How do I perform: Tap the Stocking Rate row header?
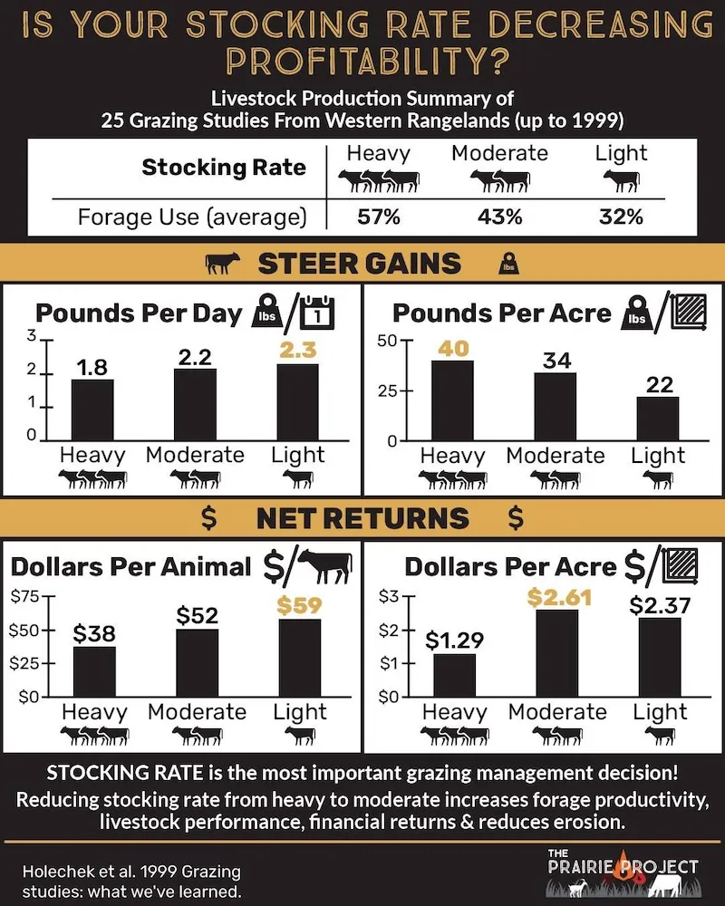pyautogui.click(x=224, y=168)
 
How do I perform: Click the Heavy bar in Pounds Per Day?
pyautogui.click(x=92, y=409)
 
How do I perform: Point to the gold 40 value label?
pyautogui.click(x=452, y=347)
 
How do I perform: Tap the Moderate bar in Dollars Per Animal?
pyautogui.click(x=197, y=662)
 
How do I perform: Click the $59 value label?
pyautogui.click(x=299, y=604)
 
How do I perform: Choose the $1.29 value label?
pyautogui.click(x=454, y=641)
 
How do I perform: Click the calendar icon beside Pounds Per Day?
pyautogui.click(x=317, y=313)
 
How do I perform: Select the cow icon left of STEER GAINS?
pyautogui.click(x=223, y=264)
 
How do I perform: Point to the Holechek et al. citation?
pyautogui.click(x=131, y=881)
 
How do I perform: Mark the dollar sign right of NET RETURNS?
pyautogui.click(x=516, y=518)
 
